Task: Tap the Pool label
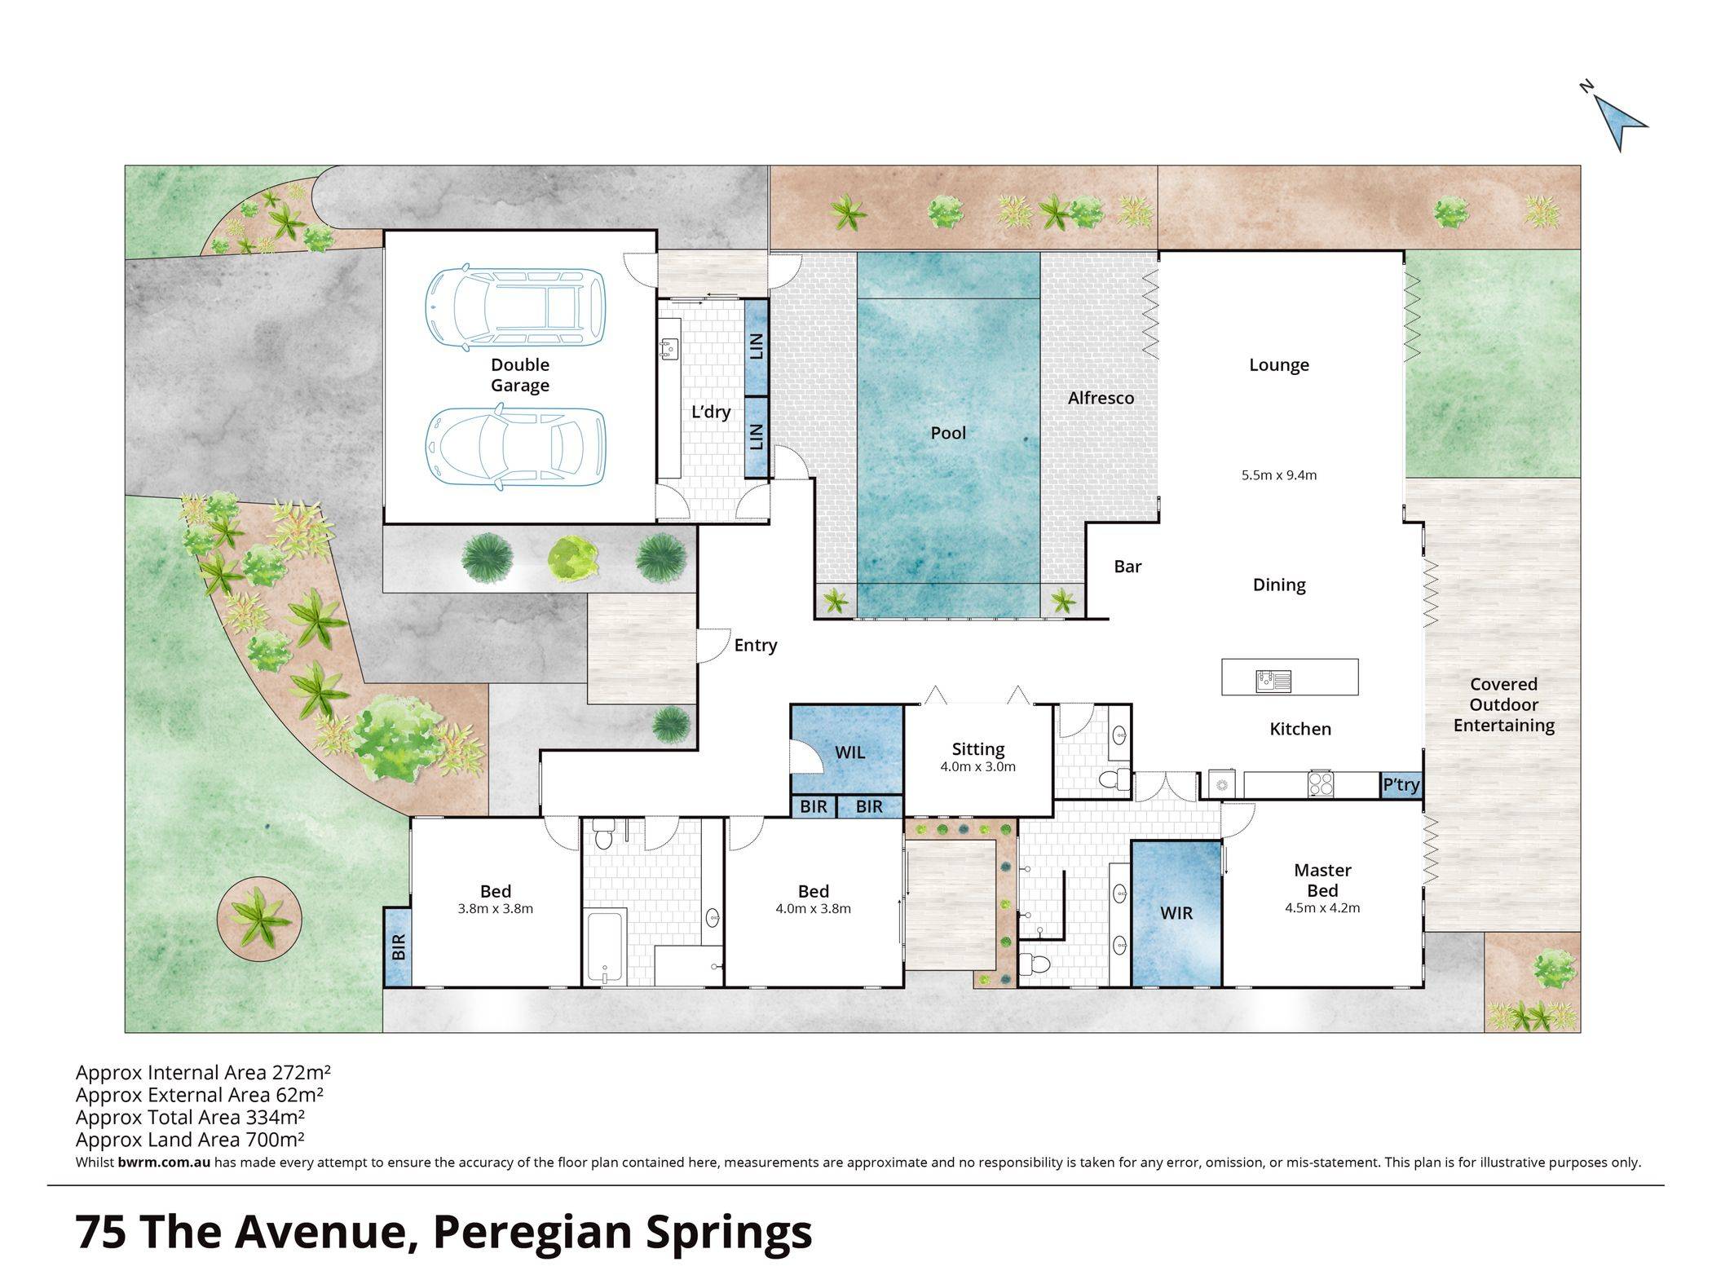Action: [x=948, y=433]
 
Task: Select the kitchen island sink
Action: [x=1274, y=679]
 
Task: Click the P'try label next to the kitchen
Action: [x=1401, y=785]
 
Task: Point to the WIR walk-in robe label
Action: [x=1176, y=913]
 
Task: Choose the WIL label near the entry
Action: [x=849, y=752]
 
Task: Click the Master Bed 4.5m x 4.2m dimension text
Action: [x=1322, y=908]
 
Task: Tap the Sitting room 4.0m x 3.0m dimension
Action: [x=978, y=766]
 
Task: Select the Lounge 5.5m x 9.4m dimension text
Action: [x=1279, y=474]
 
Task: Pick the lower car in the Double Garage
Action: [x=516, y=448]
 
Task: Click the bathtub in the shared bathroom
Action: [x=604, y=946]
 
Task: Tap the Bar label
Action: [x=1127, y=567]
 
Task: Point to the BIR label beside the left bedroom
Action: [x=399, y=947]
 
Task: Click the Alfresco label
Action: [x=1101, y=398]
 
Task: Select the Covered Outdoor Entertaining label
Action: [x=1503, y=705]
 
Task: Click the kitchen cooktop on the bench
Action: [x=1321, y=783]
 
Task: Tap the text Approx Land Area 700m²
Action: [x=190, y=1140]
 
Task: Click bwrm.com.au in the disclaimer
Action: [x=164, y=1163]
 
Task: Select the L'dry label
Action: [x=711, y=412]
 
